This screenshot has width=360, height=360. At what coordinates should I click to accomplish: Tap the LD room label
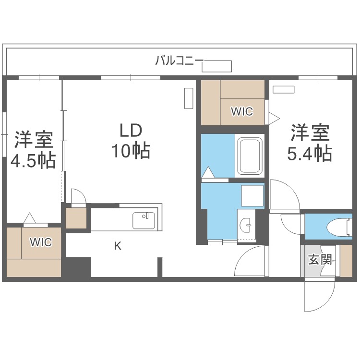[x=130, y=131]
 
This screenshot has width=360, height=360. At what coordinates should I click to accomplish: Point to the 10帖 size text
[x=131, y=151]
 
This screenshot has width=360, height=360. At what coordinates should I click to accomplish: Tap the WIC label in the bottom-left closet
[x=41, y=242]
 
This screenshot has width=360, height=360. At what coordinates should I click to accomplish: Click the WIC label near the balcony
[x=241, y=111]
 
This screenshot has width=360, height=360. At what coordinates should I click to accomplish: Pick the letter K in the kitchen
[x=118, y=247]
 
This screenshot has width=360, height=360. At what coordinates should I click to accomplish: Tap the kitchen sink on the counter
[x=144, y=221]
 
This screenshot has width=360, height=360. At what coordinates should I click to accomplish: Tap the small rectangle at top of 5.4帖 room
[x=283, y=89]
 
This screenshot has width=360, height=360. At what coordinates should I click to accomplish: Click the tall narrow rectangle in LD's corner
[x=188, y=98]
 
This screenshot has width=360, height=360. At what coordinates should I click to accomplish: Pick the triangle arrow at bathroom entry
[x=208, y=172]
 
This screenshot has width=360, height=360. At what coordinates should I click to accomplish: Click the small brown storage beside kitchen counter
[x=76, y=218]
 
